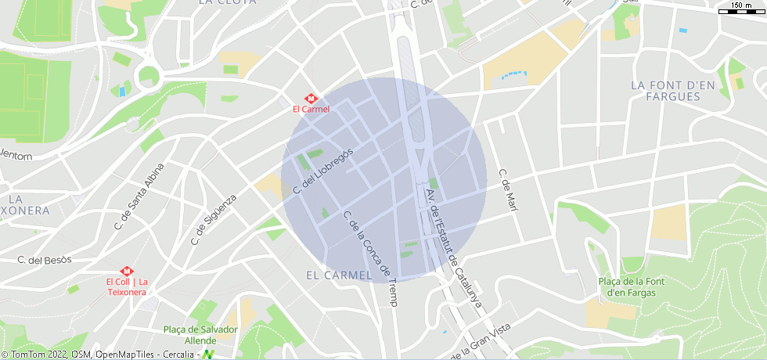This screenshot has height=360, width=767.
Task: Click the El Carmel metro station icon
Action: coord(311,99)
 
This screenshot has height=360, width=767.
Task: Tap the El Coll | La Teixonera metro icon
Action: coord(124,271)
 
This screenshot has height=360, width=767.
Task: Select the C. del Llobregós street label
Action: coord(323,171)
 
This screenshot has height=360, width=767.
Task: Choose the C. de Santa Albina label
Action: coord(139,196)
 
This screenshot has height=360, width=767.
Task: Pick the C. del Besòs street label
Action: coord(45,259)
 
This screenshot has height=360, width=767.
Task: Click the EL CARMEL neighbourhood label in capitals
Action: coord(338,275)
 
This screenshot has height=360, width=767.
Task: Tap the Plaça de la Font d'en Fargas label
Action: coord(632,287)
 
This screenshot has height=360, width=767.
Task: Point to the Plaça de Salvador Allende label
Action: coord(200,335)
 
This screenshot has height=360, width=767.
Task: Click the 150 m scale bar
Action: coord(741,9)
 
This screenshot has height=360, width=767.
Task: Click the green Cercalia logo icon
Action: coord(208,355)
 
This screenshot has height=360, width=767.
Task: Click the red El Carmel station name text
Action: coord(311,110)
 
